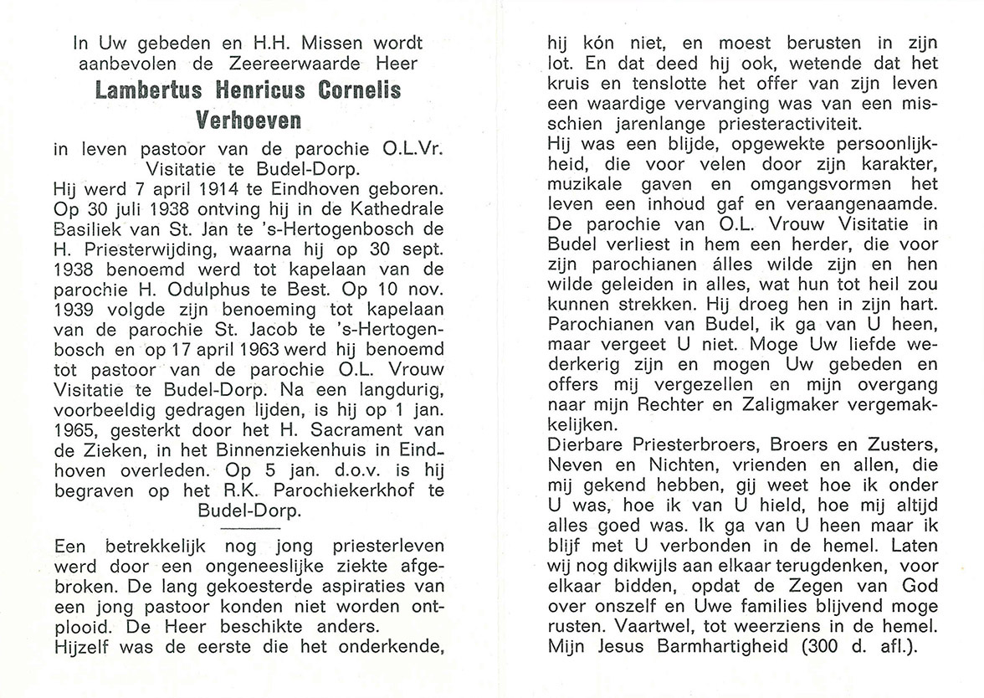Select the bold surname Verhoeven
[248, 119]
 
